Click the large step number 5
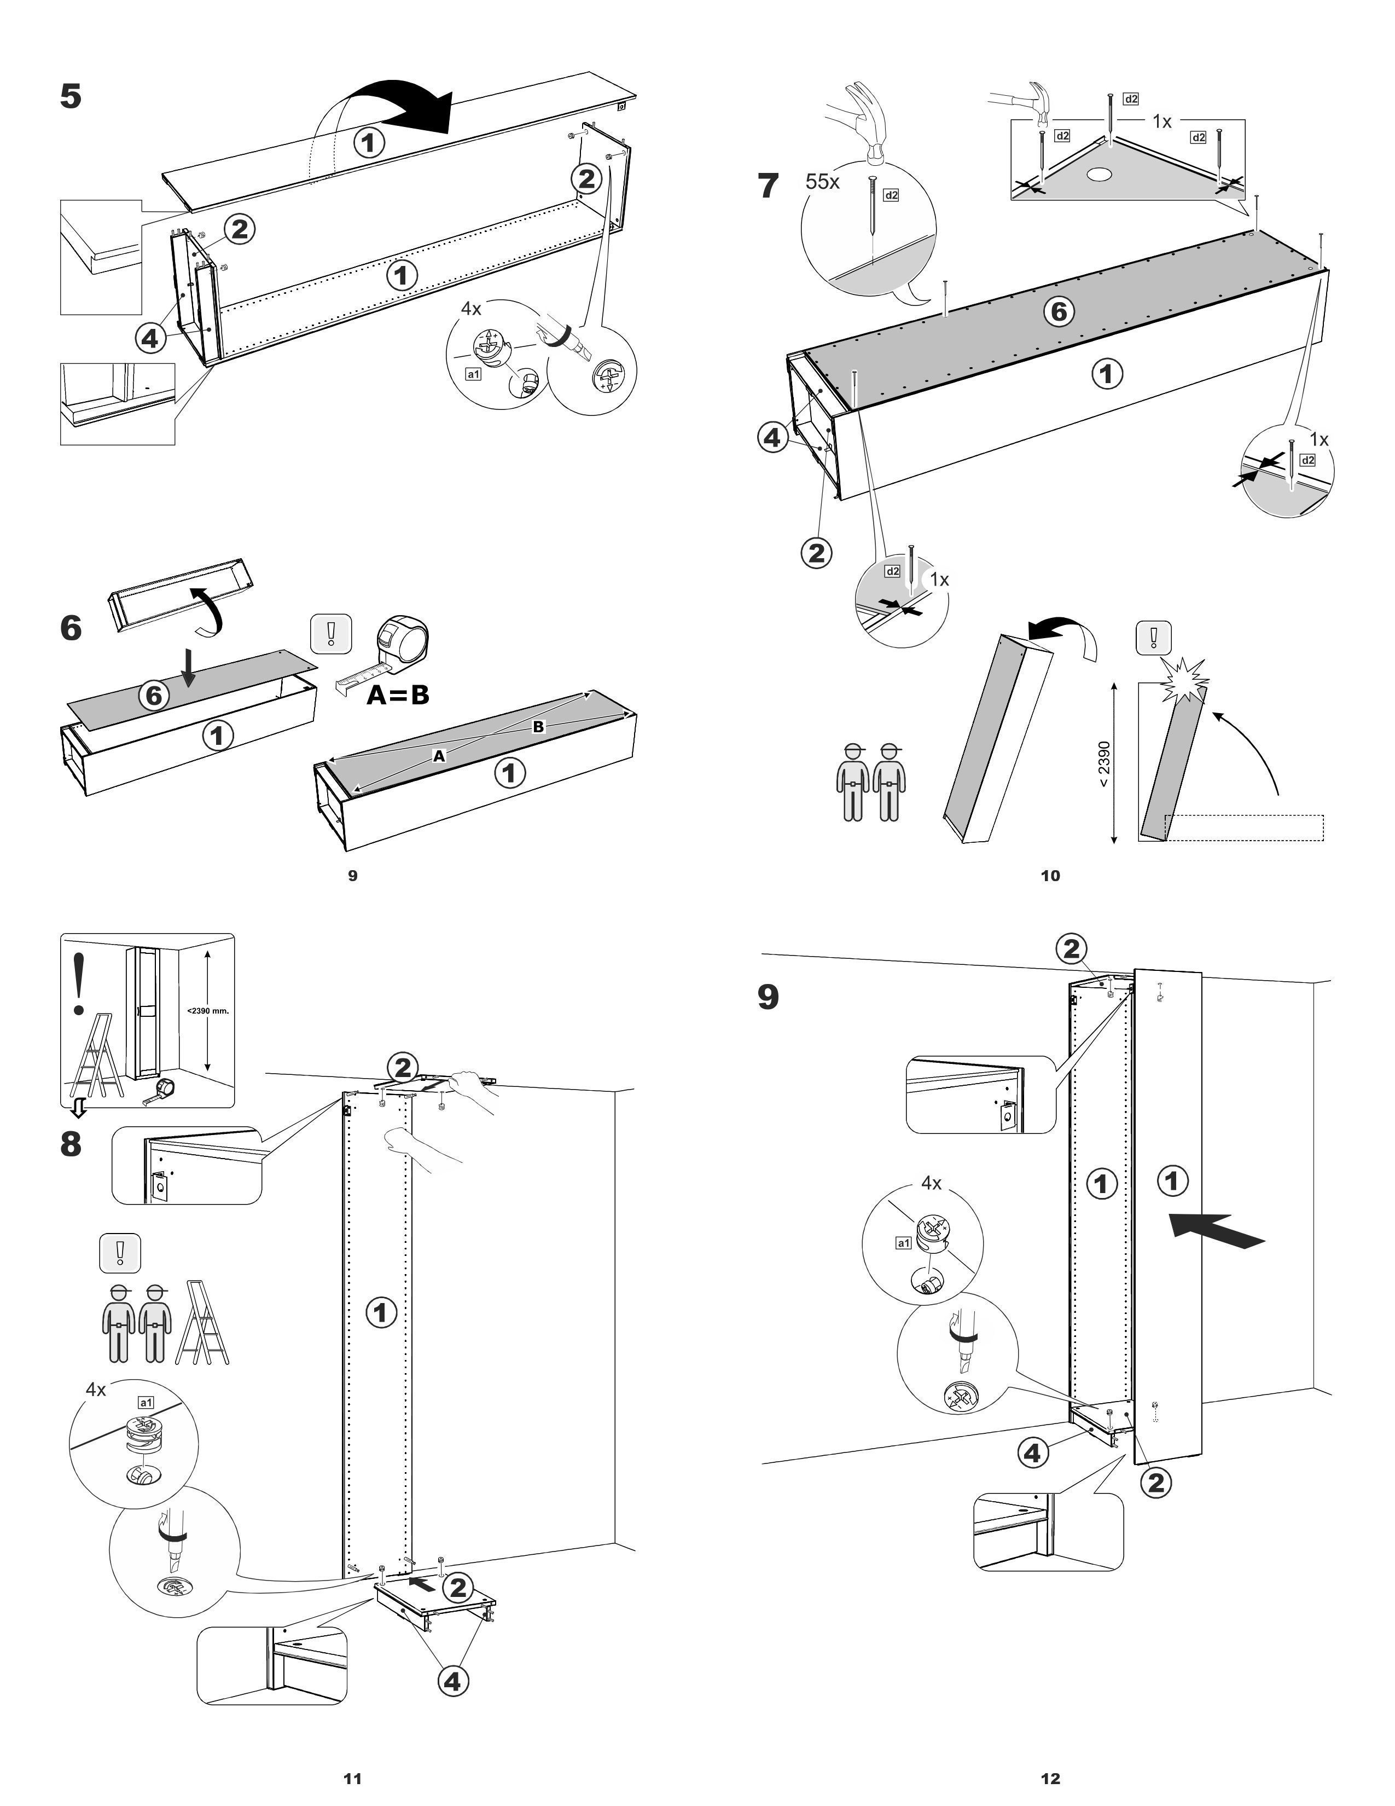pyautogui.click(x=71, y=97)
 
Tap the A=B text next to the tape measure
pyautogui.click(x=398, y=694)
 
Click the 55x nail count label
pyautogui.click(x=822, y=182)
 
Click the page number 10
pyautogui.click(x=1050, y=876)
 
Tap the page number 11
pyautogui.click(x=352, y=1779)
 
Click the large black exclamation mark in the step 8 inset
pyautogui.click(x=79, y=984)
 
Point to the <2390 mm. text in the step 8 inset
pyautogui.click(x=207, y=1010)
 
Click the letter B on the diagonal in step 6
pyautogui.click(x=538, y=727)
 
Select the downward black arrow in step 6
pyautogui.click(x=189, y=667)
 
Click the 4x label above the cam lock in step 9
pyautogui.click(x=932, y=1183)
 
